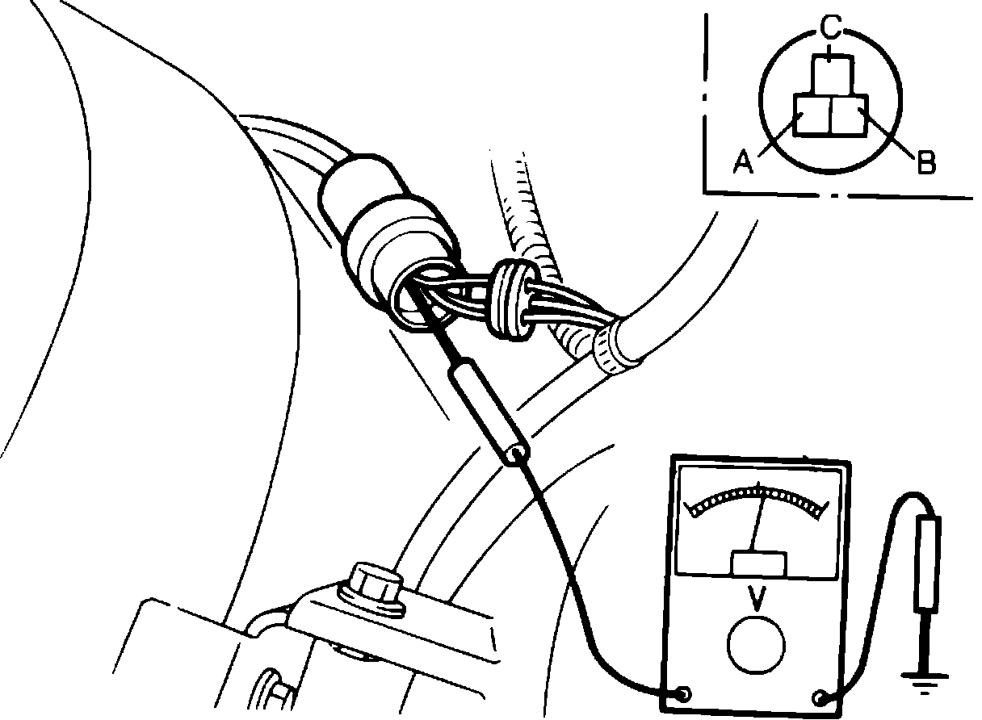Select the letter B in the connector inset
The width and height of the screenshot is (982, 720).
[925, 162]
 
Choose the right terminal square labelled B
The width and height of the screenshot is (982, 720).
[848, 115]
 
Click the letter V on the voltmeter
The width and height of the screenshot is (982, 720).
[757, 598]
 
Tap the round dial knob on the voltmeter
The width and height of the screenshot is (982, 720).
[756, 645]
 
